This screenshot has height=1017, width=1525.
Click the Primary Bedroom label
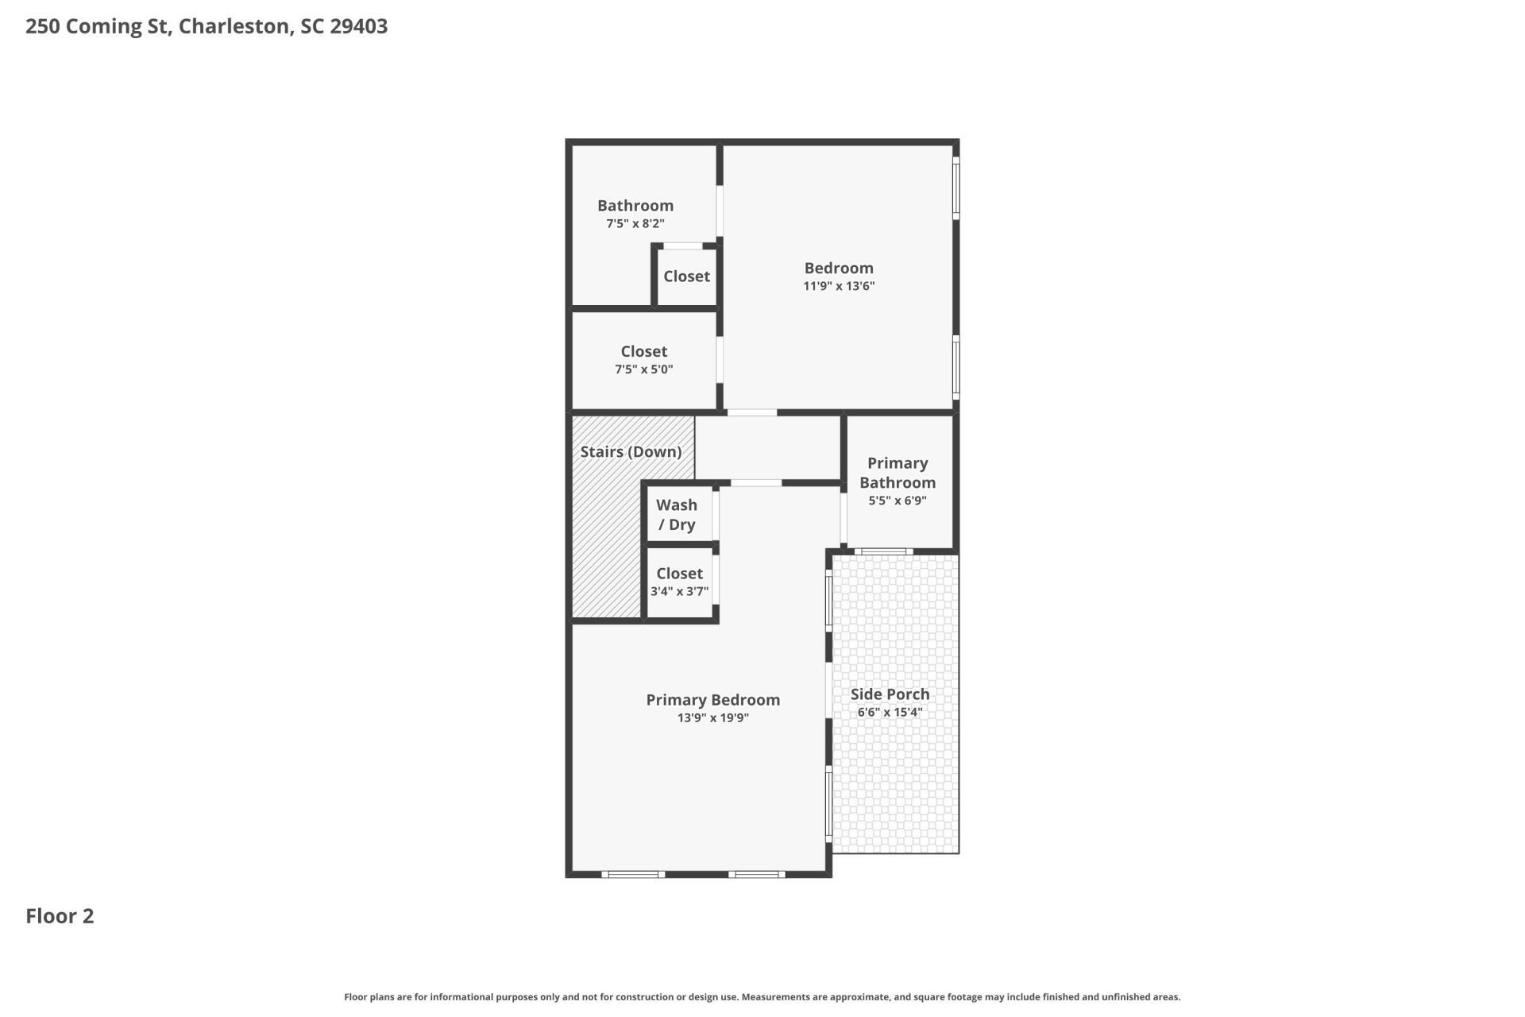click(712, 700)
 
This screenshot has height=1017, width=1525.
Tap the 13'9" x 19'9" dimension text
click(712, 718)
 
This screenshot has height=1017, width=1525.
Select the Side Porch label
click(890, 694)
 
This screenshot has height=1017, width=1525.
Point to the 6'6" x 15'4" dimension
click(890, 712)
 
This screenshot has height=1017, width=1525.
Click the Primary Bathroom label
click(898, 473)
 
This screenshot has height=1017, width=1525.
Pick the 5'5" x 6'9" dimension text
click(898, 501)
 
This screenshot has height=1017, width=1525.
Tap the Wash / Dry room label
click(677, 515)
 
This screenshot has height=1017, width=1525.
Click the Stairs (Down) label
click(631, 452)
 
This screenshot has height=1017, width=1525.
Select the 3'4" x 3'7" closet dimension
click(679, 591)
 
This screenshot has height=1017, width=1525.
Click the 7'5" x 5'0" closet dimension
click(643, 369)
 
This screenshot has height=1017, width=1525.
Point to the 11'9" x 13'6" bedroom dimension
click(839, 286)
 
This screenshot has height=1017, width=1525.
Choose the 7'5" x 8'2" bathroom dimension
click(635, 224)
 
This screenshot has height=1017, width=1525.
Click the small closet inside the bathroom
click(687, 276)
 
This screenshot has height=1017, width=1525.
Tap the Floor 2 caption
click(60, 916)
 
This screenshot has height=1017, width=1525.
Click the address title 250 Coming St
click(207, 26)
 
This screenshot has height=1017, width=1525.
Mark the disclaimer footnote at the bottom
click(762, 997)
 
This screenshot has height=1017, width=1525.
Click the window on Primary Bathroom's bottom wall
click(884, 551)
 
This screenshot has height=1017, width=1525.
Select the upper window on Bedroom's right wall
click(956, 188)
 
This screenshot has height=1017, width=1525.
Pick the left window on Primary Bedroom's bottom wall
click(633, 874)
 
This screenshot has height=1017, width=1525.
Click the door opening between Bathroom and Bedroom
click(720, 211)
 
